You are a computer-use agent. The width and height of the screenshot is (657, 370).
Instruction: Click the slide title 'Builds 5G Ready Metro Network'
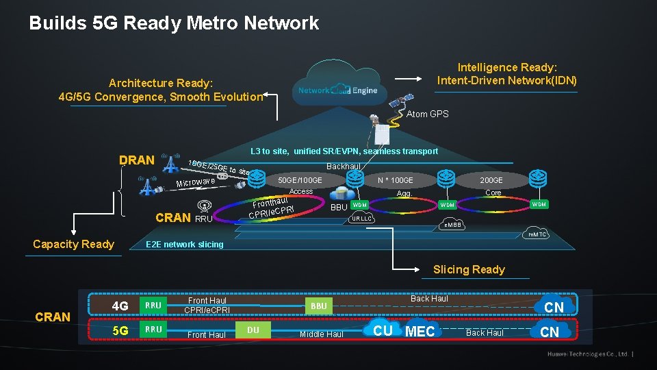point(174,23)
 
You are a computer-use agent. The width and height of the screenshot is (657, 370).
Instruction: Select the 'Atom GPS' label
point(427,114)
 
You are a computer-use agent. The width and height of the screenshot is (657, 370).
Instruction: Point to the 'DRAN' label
point(136,160)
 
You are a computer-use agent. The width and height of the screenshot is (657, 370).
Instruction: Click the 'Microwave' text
point(196,182)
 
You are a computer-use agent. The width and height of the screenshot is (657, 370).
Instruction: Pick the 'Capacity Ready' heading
point(73,245)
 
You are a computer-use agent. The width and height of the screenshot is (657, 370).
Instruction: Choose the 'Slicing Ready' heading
point(469,269)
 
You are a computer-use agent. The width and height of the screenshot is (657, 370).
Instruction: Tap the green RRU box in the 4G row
point(154,306)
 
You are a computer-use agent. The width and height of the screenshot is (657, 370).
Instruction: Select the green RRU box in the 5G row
point(154,330)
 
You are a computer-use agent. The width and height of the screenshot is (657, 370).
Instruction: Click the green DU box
point(253,330)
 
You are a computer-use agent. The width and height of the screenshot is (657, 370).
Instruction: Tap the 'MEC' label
point(420,332)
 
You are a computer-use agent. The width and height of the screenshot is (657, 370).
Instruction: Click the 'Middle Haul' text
point(321,334)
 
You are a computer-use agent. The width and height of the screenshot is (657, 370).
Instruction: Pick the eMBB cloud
point(453,225)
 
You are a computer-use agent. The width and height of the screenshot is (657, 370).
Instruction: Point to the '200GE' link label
point(491,180)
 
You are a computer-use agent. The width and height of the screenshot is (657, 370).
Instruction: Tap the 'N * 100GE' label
point(396,180)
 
